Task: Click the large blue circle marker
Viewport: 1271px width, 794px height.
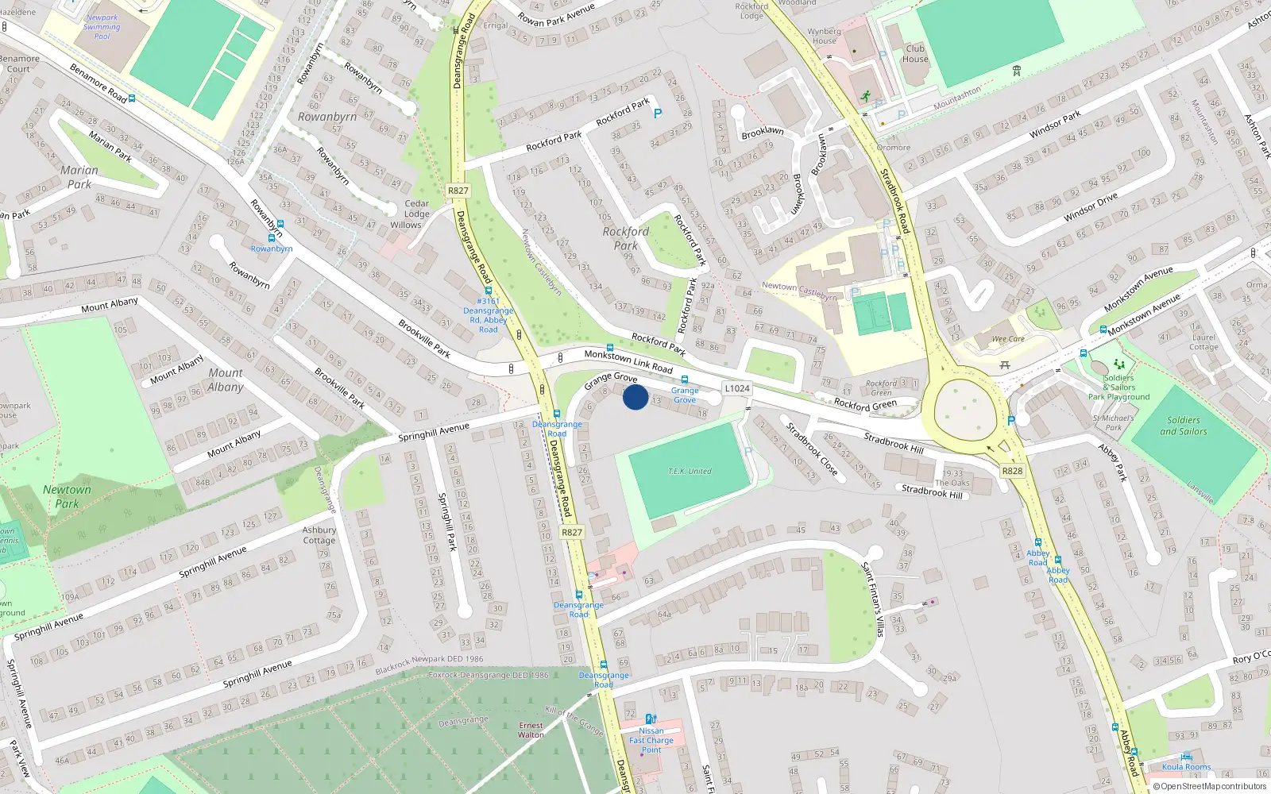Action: tap(635, 396)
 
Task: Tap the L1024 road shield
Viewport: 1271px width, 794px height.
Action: tap(736, 388)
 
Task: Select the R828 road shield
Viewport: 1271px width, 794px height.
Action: tap(1012, 471)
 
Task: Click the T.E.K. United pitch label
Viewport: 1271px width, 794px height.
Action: tap(690, 472)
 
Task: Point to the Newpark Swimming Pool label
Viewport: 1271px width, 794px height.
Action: tap(102, 27)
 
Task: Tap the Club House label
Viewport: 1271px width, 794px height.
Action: tap(915, 54)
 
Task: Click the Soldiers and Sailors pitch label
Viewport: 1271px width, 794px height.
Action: tap(1183, 426)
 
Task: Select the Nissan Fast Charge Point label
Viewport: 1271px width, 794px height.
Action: tap(651, 740)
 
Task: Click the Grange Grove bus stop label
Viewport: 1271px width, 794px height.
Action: tap(685, 395)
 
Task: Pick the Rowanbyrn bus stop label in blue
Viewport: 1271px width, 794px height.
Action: tap(272, 249)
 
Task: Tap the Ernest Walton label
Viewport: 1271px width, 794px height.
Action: tap(531, 730)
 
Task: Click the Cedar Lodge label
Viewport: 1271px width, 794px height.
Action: tap(416, 209)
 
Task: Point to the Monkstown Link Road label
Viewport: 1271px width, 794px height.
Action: tap(628, 361)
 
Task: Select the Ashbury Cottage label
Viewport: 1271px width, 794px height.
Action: tap(319, 535)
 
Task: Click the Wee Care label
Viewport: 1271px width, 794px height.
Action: tap(1007, 339)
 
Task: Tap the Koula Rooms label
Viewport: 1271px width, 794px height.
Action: tap(1186, 767)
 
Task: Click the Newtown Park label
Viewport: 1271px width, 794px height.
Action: tap(67, 496)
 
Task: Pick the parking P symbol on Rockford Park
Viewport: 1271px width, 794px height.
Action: tap(657, 114)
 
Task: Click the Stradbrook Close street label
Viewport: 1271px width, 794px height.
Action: tap(811, 449)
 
